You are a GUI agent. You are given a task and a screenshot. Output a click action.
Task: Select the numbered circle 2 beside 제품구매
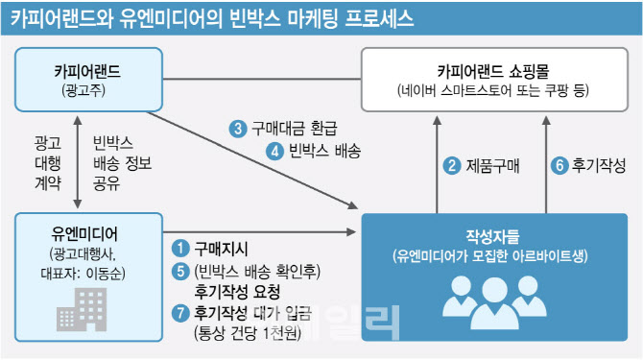point(450,164)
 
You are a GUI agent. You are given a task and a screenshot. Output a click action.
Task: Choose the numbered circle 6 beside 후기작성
point(558,164)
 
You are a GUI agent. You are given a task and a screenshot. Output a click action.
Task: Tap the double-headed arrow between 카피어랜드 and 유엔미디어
point(78,161)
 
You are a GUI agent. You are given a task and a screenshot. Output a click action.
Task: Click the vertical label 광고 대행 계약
point(46,162)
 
